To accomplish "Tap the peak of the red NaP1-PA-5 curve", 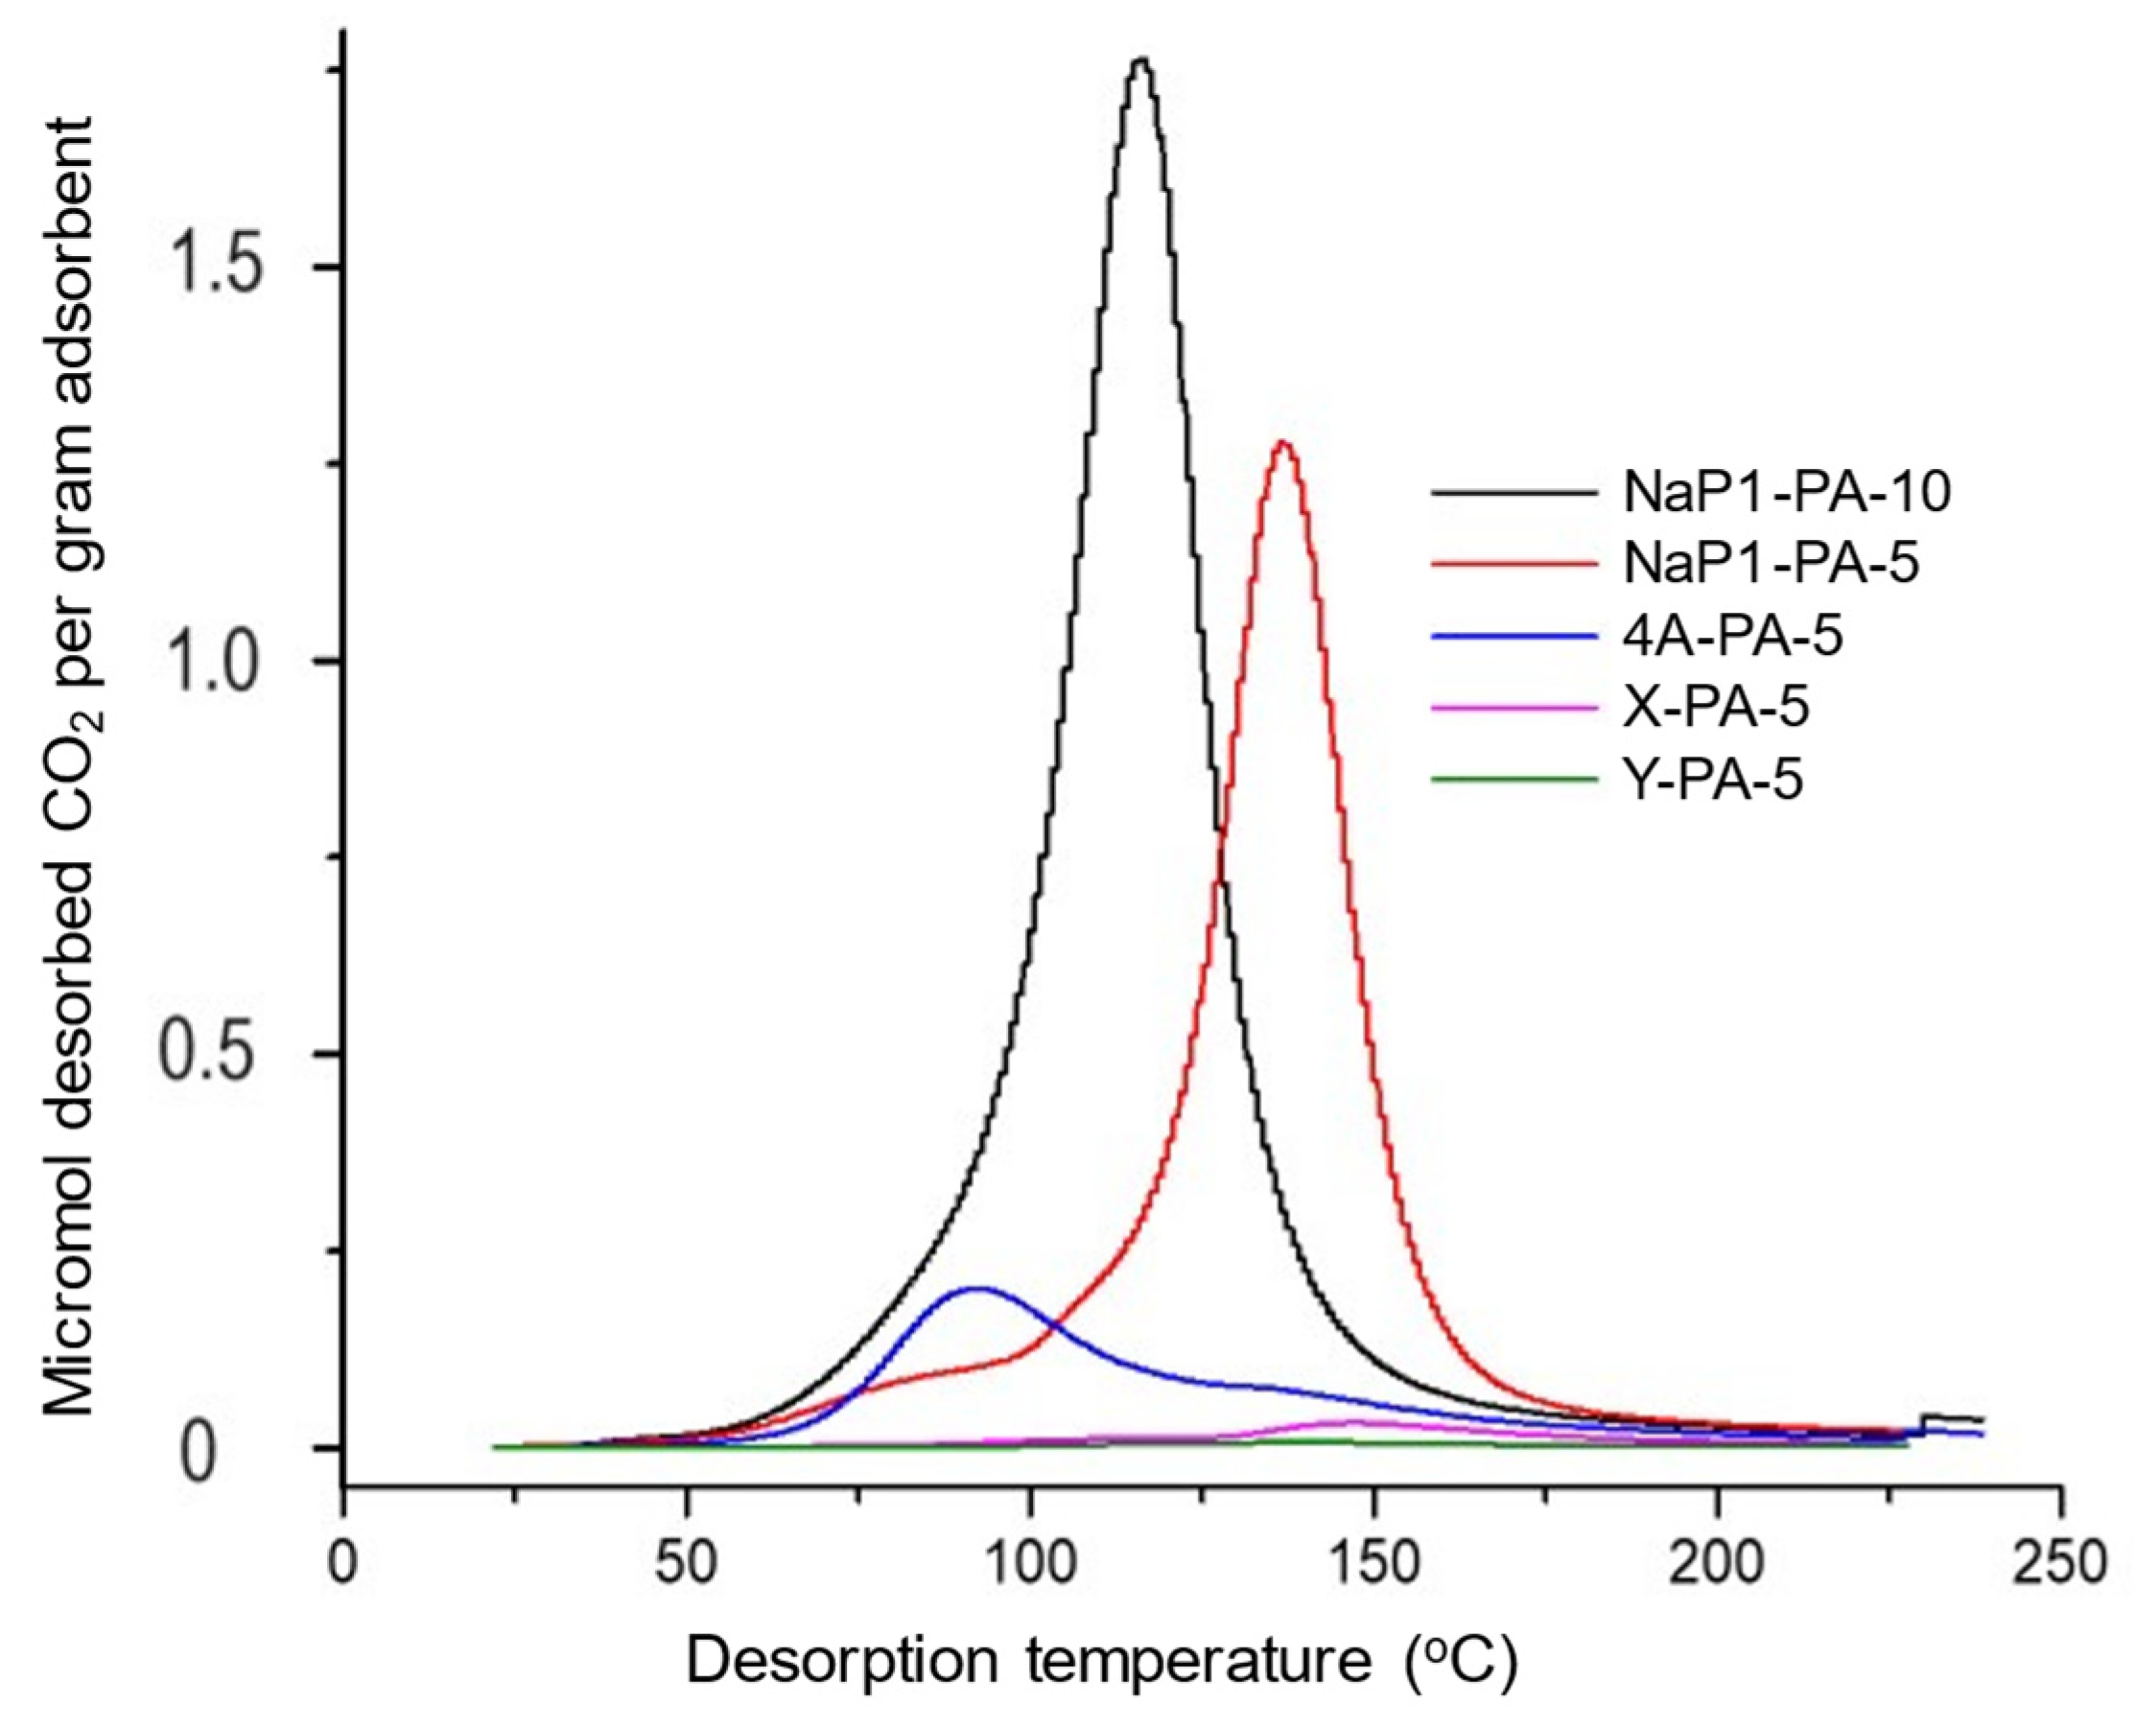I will pyautogui.click(x=1283, y=443).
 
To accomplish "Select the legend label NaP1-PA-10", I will pyautogui.click(x=1786, y=492).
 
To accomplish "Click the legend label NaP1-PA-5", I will pyautogui.click(x=1771, y=564).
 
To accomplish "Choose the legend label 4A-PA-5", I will pyautogui.click(x=1732, y=636).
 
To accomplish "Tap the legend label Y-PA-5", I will pyautogui.click(x=1713, y=780).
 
